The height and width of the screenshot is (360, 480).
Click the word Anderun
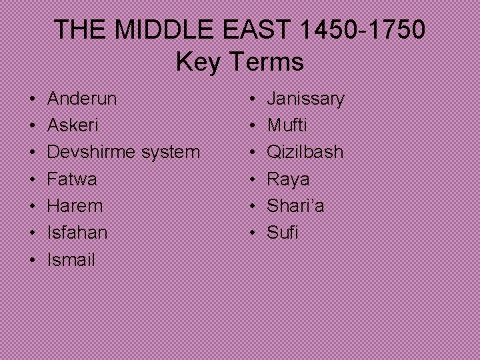coord(82,99)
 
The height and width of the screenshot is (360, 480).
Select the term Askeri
coord(73,125)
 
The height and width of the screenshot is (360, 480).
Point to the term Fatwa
coord(72,179)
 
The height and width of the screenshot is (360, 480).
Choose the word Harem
coord(75,205)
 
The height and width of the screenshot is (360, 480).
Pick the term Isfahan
coord(77,232)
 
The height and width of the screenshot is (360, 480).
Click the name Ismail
coord(71,259)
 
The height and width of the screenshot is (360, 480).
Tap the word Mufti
coord(288,125)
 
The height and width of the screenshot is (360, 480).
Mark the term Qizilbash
coord(305,152)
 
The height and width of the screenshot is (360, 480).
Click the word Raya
coord(288,179)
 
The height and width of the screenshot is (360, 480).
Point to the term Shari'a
coord(295,205)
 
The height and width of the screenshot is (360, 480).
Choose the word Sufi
coord(283,232)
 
